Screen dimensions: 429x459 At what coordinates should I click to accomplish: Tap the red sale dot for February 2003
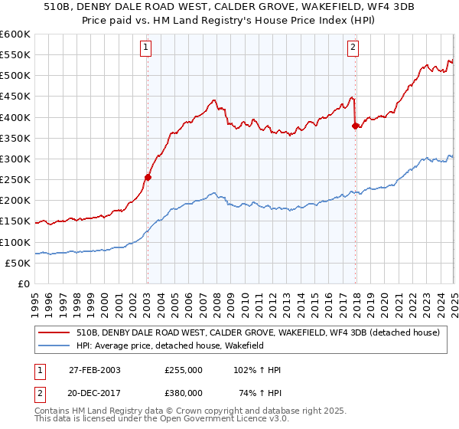point(148,177)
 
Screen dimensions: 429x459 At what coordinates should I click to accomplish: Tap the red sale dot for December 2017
point(355,126)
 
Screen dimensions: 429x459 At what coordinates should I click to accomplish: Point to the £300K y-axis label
point(15,159)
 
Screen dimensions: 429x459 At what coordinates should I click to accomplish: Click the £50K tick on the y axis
point(18,263)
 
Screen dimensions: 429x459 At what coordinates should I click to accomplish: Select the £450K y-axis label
point(15,97)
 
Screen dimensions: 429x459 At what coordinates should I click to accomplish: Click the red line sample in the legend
point(53,332)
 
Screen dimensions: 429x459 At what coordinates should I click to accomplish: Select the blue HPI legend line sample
point(53,347)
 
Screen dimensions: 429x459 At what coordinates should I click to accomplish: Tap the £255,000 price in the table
point(184,370)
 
